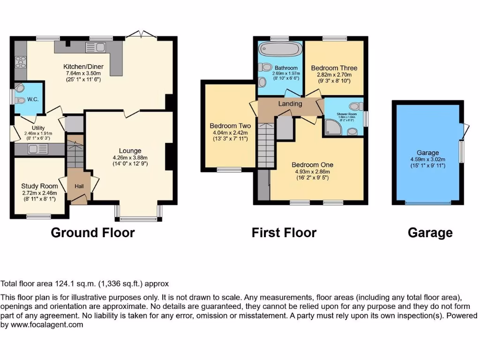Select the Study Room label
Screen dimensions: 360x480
tap(39, 186)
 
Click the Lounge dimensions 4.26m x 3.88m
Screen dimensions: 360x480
tap(130, 157)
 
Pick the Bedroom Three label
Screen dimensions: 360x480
tap(334, 68)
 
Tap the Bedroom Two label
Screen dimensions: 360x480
tap(230, 126)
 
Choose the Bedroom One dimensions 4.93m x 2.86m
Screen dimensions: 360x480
tap(312, 172)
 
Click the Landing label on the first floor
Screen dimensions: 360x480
tap(290, 104)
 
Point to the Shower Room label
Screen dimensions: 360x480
tap(346, 114)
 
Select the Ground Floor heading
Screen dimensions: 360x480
tap(92, 232)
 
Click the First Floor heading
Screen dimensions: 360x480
tap(284, 232)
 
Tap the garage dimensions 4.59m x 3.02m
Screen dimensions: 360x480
tap(428, 159)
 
